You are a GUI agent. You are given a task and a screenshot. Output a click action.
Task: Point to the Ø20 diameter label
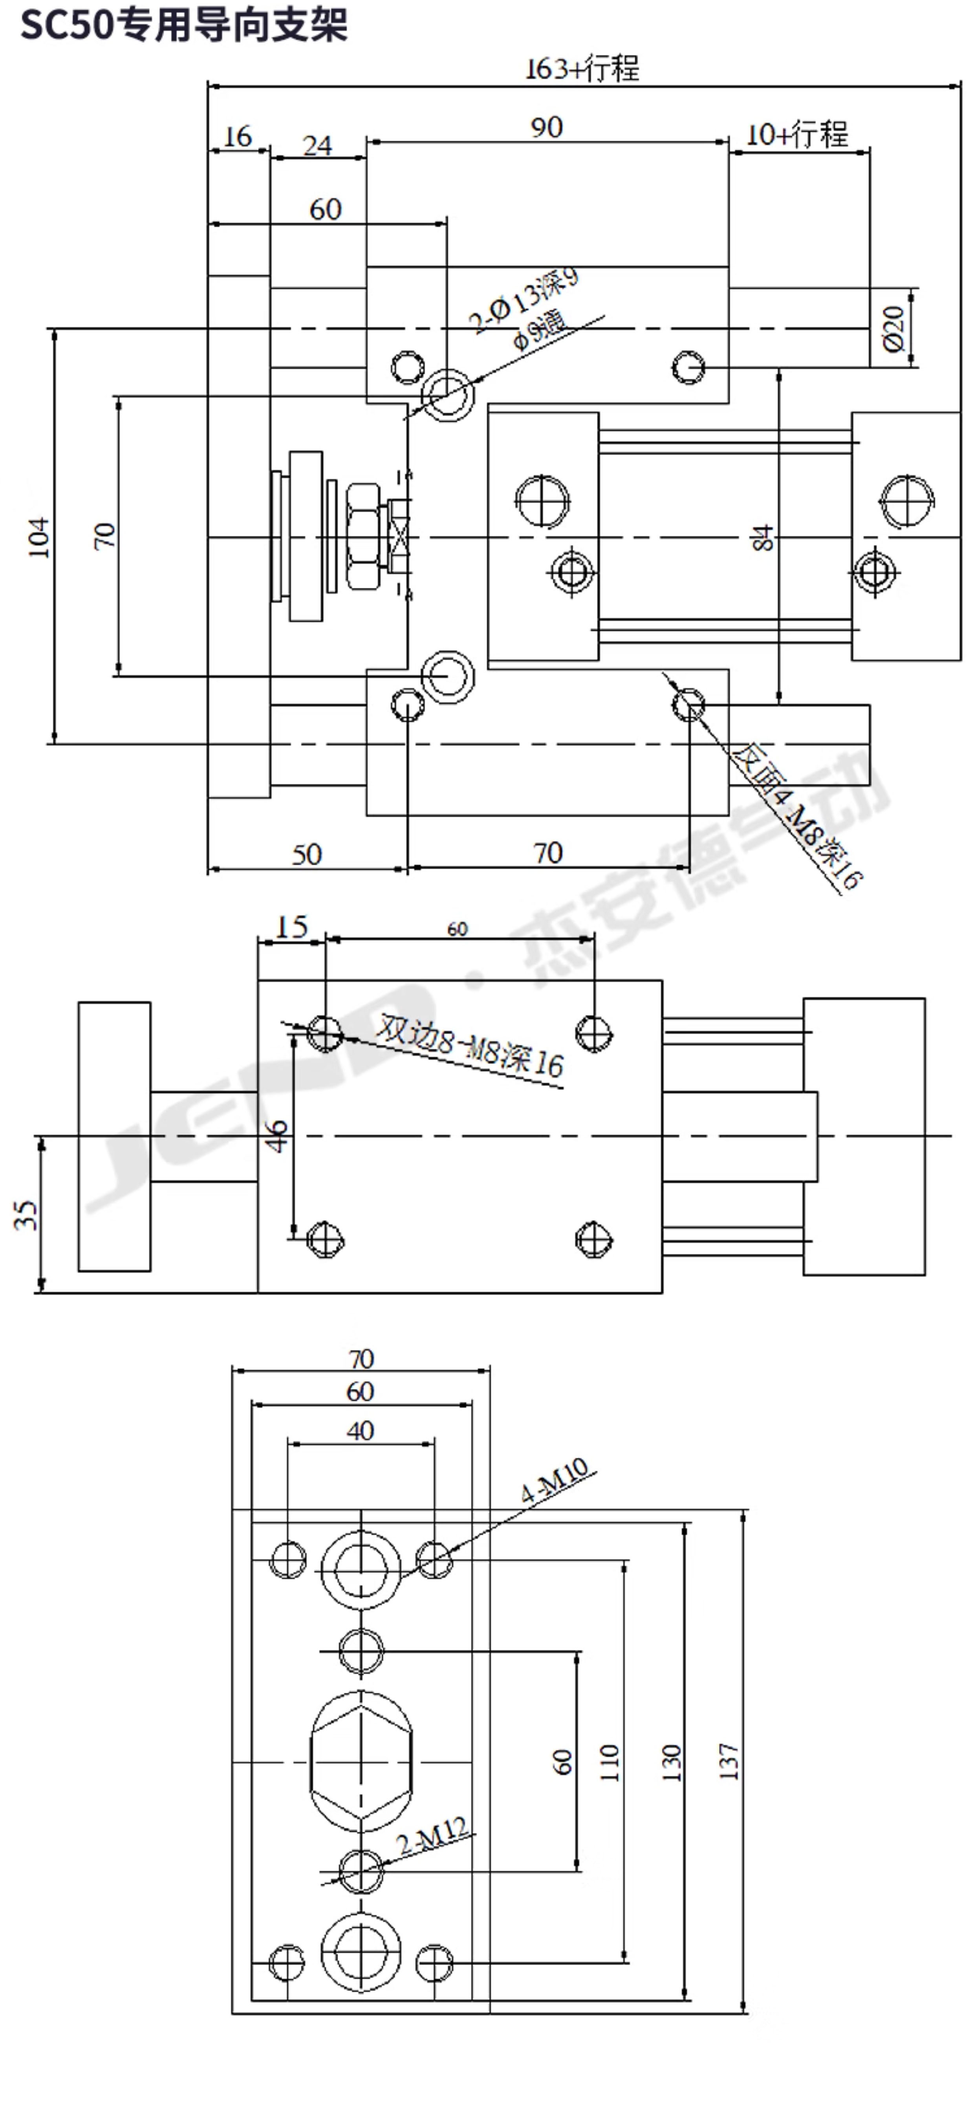[x=893, y=328]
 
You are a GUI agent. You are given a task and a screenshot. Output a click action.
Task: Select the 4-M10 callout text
[x=554, y=1480]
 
